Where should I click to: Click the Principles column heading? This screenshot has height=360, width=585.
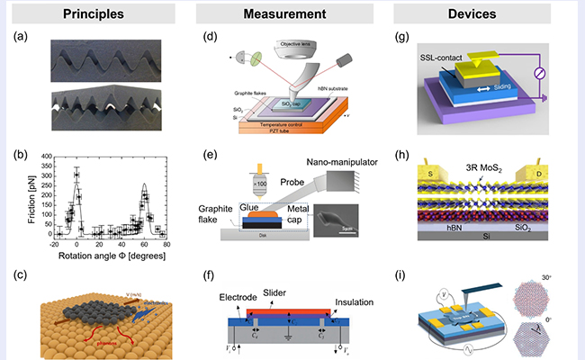coord(99,15)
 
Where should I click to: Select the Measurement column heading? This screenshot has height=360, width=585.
coord(292,15)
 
